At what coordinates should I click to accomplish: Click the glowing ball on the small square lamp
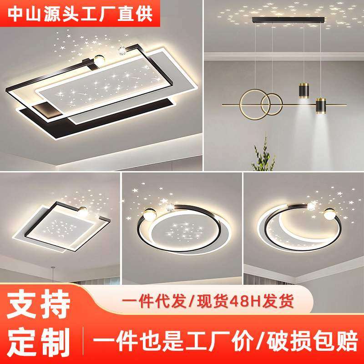83,210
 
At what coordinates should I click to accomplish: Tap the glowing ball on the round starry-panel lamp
150,212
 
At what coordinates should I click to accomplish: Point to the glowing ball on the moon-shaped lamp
328,212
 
